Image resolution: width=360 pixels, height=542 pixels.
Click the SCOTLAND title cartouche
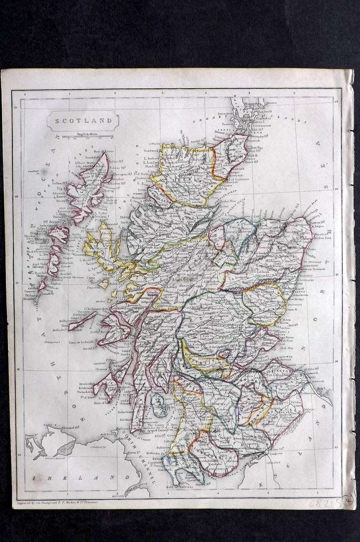pos(83,120)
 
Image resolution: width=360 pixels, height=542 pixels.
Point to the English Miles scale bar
pos(83,135)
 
